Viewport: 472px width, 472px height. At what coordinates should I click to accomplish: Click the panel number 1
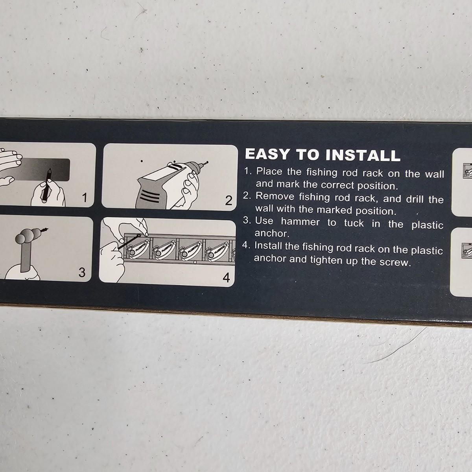(x=85, y=198)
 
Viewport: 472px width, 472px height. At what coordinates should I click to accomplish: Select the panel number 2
(x=228, y=201)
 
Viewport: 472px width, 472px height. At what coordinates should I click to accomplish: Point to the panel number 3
(x=82, y=272)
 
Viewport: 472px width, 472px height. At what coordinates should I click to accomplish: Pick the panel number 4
(x=226, y=278)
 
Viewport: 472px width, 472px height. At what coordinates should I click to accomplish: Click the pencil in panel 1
(x=46, y=183)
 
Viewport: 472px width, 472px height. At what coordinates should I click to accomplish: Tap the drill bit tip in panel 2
(x=207, y=162)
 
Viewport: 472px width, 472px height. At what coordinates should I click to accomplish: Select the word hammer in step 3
(x=300, y=222)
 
